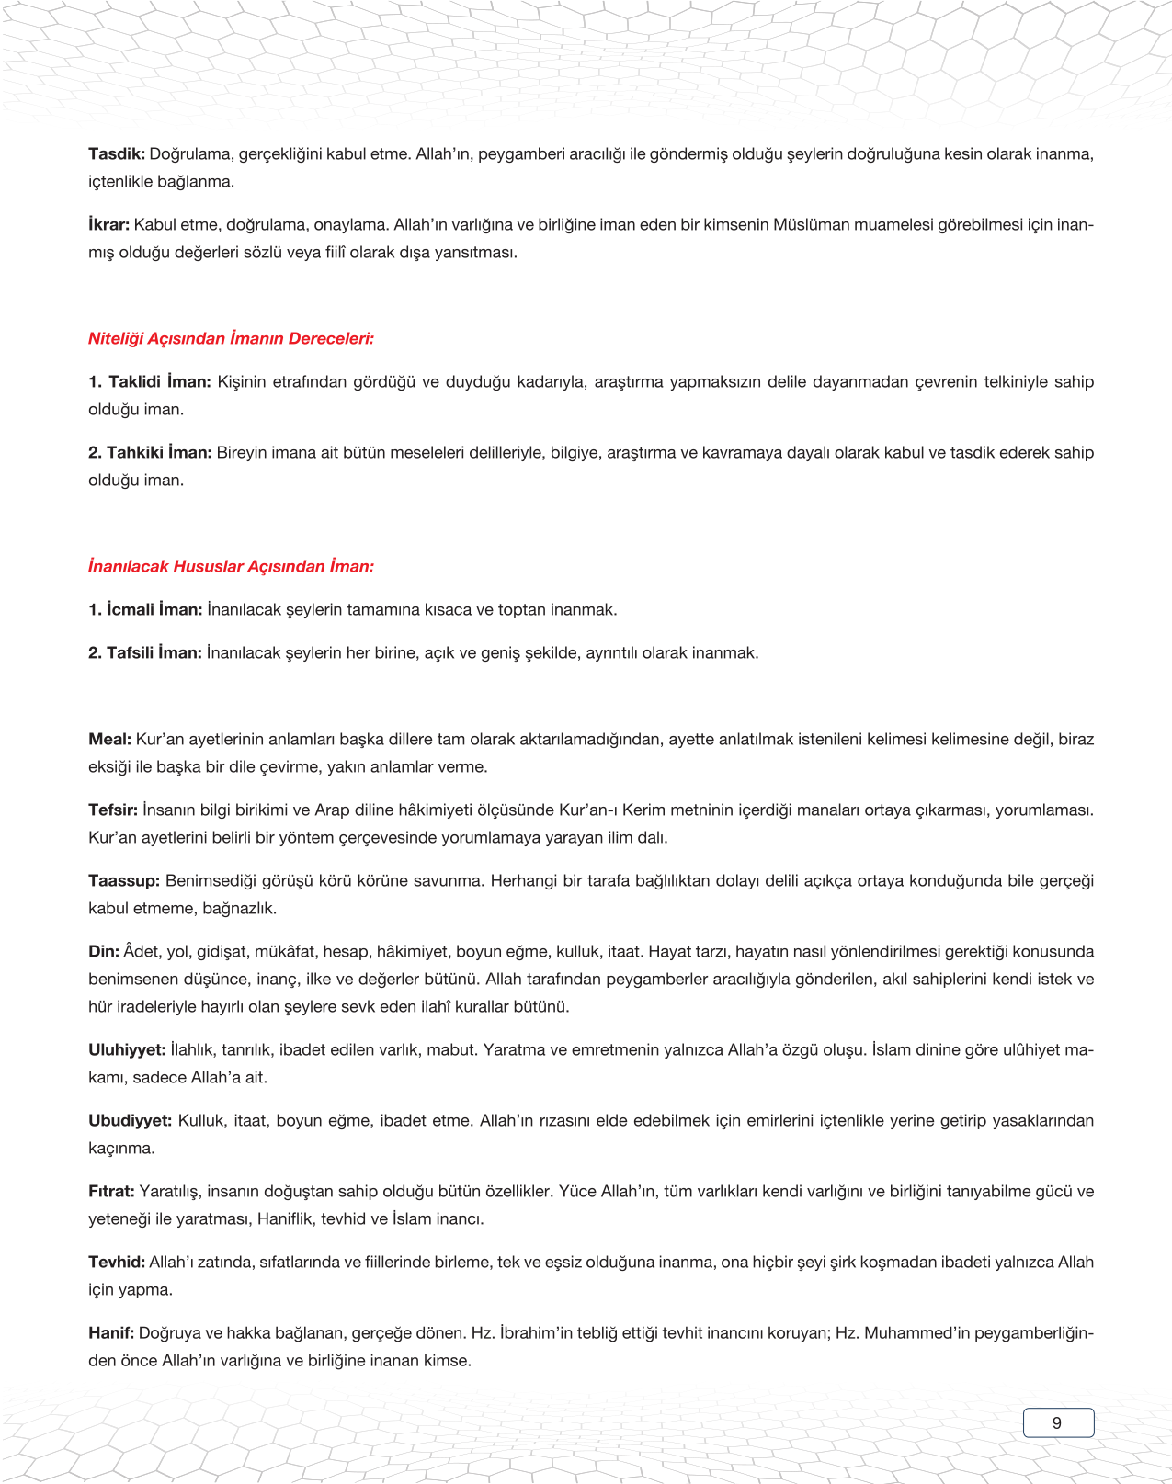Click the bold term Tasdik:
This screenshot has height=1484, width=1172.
click(116, 154)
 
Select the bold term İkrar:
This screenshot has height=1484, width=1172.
click(109, 225)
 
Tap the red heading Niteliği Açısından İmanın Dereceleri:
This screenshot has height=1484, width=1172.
click(231, 339)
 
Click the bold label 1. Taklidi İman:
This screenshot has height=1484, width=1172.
click(150, 382)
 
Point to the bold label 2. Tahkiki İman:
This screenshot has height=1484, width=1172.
click(150, 453)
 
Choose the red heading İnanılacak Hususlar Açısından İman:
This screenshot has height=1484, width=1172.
click(231, 567)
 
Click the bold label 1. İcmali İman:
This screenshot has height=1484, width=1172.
click(145, 610)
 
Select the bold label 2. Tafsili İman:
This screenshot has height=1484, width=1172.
click(145, 653)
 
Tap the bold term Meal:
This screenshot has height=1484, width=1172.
click(110, 740)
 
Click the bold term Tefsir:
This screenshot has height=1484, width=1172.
click(113, 810)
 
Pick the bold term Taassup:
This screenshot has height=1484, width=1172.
click(124, 881)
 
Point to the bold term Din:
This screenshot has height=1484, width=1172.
click(104, 952)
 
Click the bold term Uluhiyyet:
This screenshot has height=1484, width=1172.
click(127, 1050)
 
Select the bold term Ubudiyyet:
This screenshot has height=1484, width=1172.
click(130, 1121)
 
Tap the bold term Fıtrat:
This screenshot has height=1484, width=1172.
click(111, 1192)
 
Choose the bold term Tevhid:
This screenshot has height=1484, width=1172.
click(117, 1263)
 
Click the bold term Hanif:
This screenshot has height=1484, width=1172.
click(111, 1333)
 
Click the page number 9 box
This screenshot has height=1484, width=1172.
click(1058, 1422)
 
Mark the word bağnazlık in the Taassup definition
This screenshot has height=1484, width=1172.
click(239, 909)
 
